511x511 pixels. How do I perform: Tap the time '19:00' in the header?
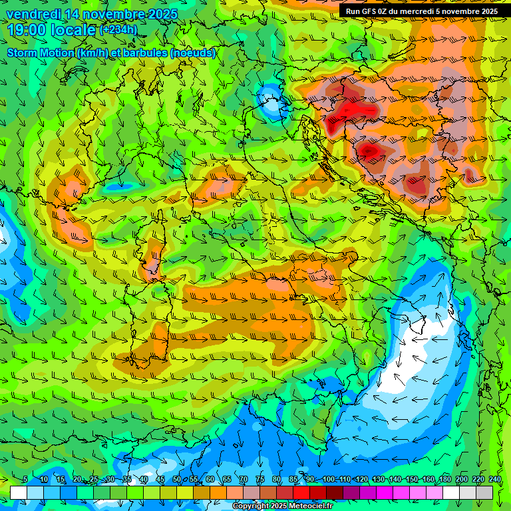27,30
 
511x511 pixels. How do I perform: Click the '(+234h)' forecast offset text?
118,30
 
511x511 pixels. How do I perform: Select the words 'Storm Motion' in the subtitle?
40,53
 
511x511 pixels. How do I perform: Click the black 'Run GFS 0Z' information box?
421,11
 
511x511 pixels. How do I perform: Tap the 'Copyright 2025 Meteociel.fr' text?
282,506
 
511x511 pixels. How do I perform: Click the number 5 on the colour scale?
25,480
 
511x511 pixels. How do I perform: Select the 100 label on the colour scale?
329,480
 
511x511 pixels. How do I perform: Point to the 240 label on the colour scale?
495,480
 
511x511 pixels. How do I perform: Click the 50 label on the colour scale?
177,480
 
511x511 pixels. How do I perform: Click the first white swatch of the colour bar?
19,492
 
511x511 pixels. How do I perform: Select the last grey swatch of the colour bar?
484,492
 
